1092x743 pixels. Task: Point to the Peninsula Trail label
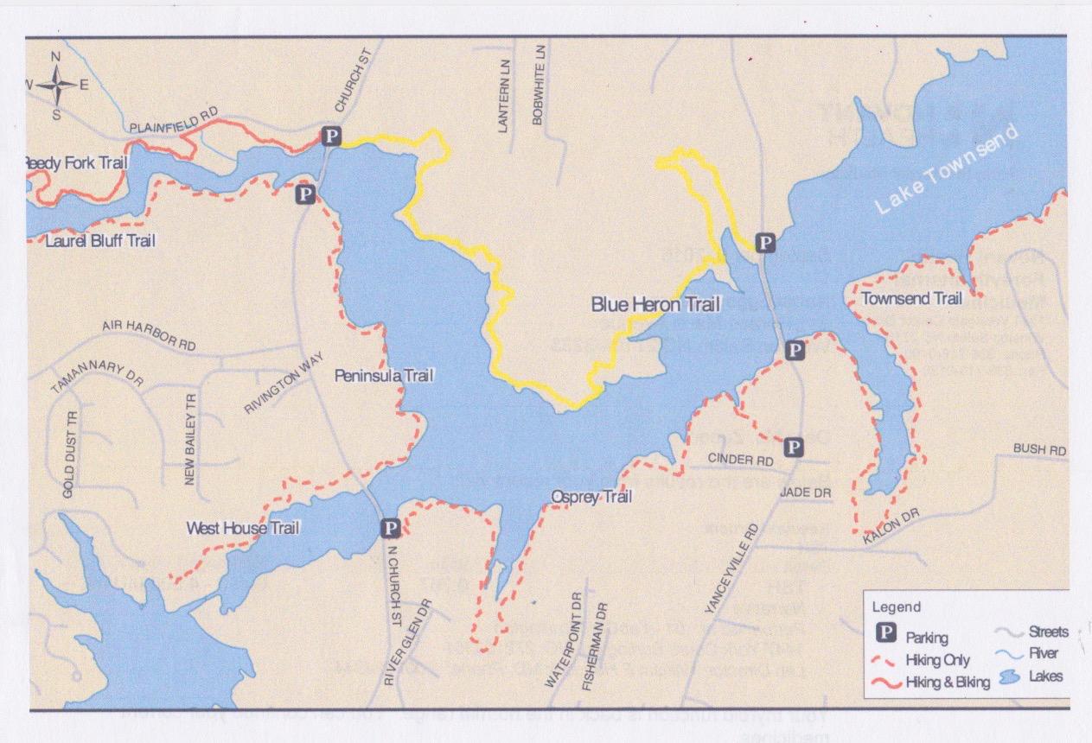tap(384, 376)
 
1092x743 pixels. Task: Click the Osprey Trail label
tap(591, 497)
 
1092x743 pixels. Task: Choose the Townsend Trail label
tap(912, 299)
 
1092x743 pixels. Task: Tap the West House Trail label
tap(243, 526)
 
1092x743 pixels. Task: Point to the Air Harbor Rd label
tap(149, 336)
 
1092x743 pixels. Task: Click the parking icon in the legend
tap(887, 635)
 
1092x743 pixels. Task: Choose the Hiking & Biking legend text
tap(947, 683)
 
